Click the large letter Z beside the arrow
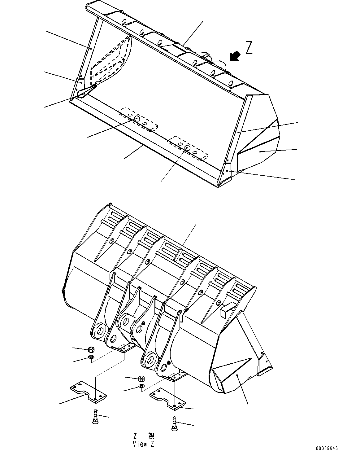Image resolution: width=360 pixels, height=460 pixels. coord(249,48)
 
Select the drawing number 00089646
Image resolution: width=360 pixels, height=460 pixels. coord(327,449)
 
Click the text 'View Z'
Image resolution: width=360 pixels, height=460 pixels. coord(144,444)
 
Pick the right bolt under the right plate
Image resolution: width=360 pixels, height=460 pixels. coord(174,423)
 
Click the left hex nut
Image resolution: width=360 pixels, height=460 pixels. coord(91,350)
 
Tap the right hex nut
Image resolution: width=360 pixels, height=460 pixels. coord(141,379)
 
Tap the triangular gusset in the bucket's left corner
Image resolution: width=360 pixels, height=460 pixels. coord(86,92)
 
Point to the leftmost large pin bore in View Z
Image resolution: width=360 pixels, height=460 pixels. coord(100,331)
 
